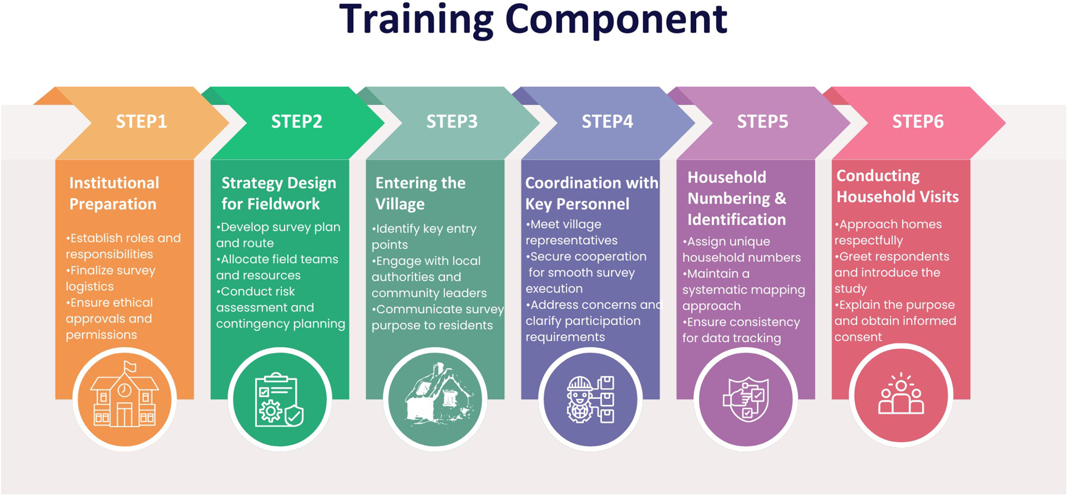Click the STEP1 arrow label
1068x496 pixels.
[x=141, y=121]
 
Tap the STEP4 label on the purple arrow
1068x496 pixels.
[x=607, y=121]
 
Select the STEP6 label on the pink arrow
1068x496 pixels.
[x=917, y=121]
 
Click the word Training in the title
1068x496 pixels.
[x=416, y=20]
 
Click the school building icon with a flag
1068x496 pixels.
[x=124, y=396]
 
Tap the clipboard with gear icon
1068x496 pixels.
[x=279, y=400]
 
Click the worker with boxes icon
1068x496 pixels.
[x=590, y=399]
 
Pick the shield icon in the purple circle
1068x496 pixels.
[x=746, y=399]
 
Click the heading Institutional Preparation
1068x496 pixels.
[x=114, y=193]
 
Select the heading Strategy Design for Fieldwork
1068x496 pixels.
[x=278, y=193]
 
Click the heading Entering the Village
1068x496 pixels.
[x=420, y=193]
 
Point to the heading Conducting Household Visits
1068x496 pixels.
[x=897, y=186]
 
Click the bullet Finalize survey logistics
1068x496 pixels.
[x=111, y=278]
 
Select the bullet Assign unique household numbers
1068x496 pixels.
[x=741, y=249]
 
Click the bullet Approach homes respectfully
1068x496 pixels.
[x=888, y=232]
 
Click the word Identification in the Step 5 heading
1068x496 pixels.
[x=736, y=219]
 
